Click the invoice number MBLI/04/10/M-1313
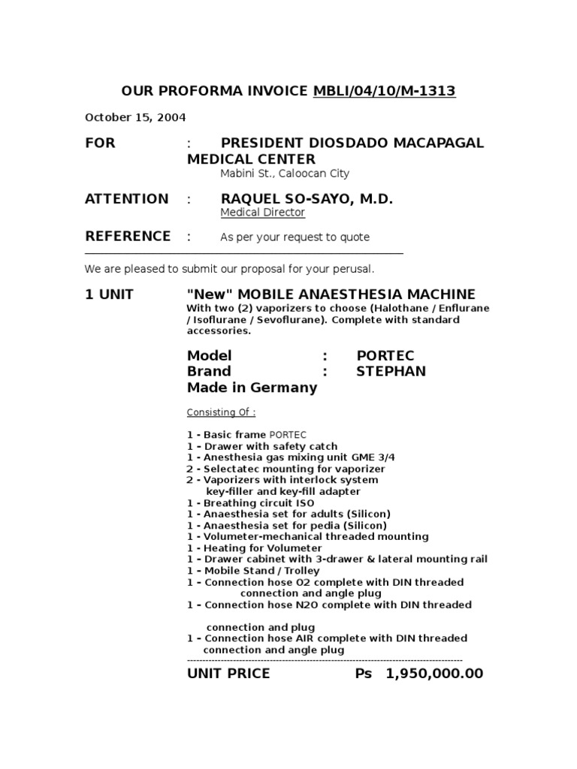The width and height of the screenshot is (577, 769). tap(384, 92)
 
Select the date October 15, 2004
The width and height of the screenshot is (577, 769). tap(135, 117)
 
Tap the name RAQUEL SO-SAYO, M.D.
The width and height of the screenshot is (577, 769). tap(307, 199)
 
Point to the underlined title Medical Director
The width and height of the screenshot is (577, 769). tap(262, 213)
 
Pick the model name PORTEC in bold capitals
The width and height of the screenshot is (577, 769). tap(385, 355)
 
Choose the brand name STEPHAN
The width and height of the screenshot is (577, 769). tap(391, 371)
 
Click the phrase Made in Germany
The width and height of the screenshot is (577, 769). tap(252, 388)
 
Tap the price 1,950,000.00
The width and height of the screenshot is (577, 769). tap(434, 674)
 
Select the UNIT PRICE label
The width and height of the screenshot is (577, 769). tap(228, 674)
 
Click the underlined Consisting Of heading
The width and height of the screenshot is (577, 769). tap(221, 412)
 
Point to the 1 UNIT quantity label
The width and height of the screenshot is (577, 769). tap(109, 294)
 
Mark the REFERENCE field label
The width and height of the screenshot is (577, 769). tap(128, 237)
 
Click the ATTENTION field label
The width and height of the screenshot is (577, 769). tap(127, 199)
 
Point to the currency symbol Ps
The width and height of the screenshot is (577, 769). tap(364, 674)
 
